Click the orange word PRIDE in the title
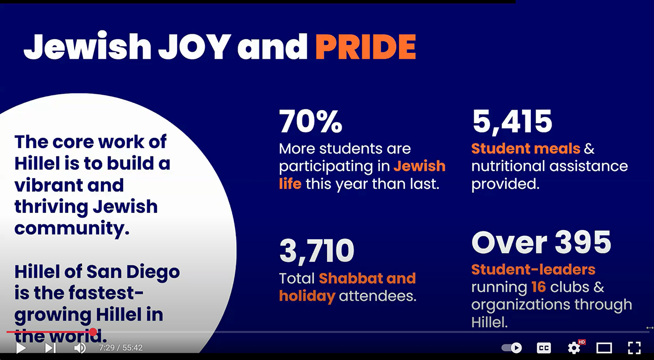pos(365,47)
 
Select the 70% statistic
pos(311,121)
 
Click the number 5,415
pos(512,121)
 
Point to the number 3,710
pos(317,250)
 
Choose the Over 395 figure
pos(541,243)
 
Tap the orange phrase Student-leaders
pos(533,269)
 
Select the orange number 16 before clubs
pos(537,287)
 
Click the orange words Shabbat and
pos(367,278)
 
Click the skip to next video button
pos(50,347)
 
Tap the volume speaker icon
pos(80,347)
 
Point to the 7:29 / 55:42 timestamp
pos(120,347)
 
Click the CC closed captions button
pos(543,347)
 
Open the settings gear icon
pos(574,347)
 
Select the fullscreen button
pos(634,347)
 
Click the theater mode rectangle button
pos(604,347)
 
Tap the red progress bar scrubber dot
pos(93,332)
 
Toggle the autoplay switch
pos(512,347)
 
